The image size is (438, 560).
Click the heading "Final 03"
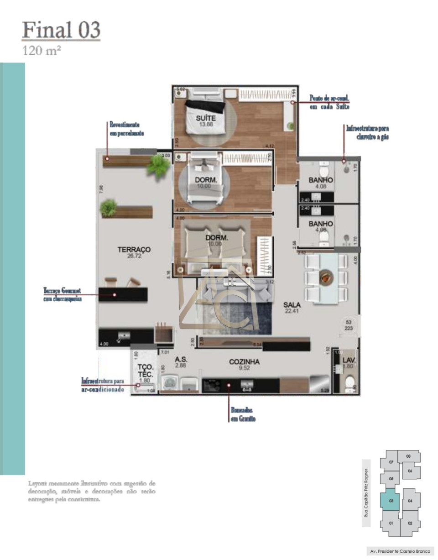(61, 30)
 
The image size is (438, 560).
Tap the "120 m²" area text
(42, 51)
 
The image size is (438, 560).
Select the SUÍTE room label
(205, 119)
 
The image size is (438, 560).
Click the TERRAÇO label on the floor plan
(134, 250)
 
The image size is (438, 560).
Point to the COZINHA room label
(244, 362)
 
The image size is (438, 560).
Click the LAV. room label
(349, 360)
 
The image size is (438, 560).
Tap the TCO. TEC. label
(145, 370)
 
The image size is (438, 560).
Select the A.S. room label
(181, 360)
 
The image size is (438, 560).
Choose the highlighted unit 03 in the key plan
(391, 501)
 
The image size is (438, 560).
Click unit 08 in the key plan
(408, 456)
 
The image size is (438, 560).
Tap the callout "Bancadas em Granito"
(241, 414)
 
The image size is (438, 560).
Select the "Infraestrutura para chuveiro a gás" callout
(367, 132)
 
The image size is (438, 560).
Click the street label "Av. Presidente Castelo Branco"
(400, 551)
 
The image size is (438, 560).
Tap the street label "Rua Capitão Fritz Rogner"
(366, 492)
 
